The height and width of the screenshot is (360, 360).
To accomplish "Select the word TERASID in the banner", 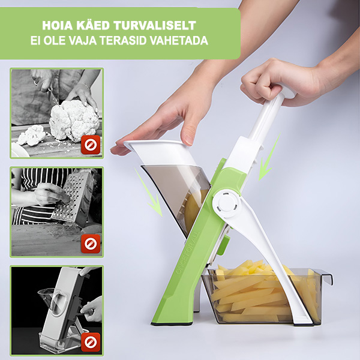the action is tap(123, 41).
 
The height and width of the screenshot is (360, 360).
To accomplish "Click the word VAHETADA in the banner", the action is tap(179, 41).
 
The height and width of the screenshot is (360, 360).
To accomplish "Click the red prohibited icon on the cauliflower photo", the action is tap(91, 145).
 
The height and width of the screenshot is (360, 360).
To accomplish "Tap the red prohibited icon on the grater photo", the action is tap(91, 244).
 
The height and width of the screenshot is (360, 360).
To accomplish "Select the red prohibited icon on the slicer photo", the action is tap(91, 342).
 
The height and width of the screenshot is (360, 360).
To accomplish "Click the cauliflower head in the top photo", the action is tap(74, 120).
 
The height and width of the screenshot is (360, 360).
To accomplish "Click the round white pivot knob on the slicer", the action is tap(227, 203).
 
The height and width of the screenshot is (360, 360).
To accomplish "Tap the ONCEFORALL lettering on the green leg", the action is tap(188, 253).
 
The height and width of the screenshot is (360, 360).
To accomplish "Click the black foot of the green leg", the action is tap(172, 324).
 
